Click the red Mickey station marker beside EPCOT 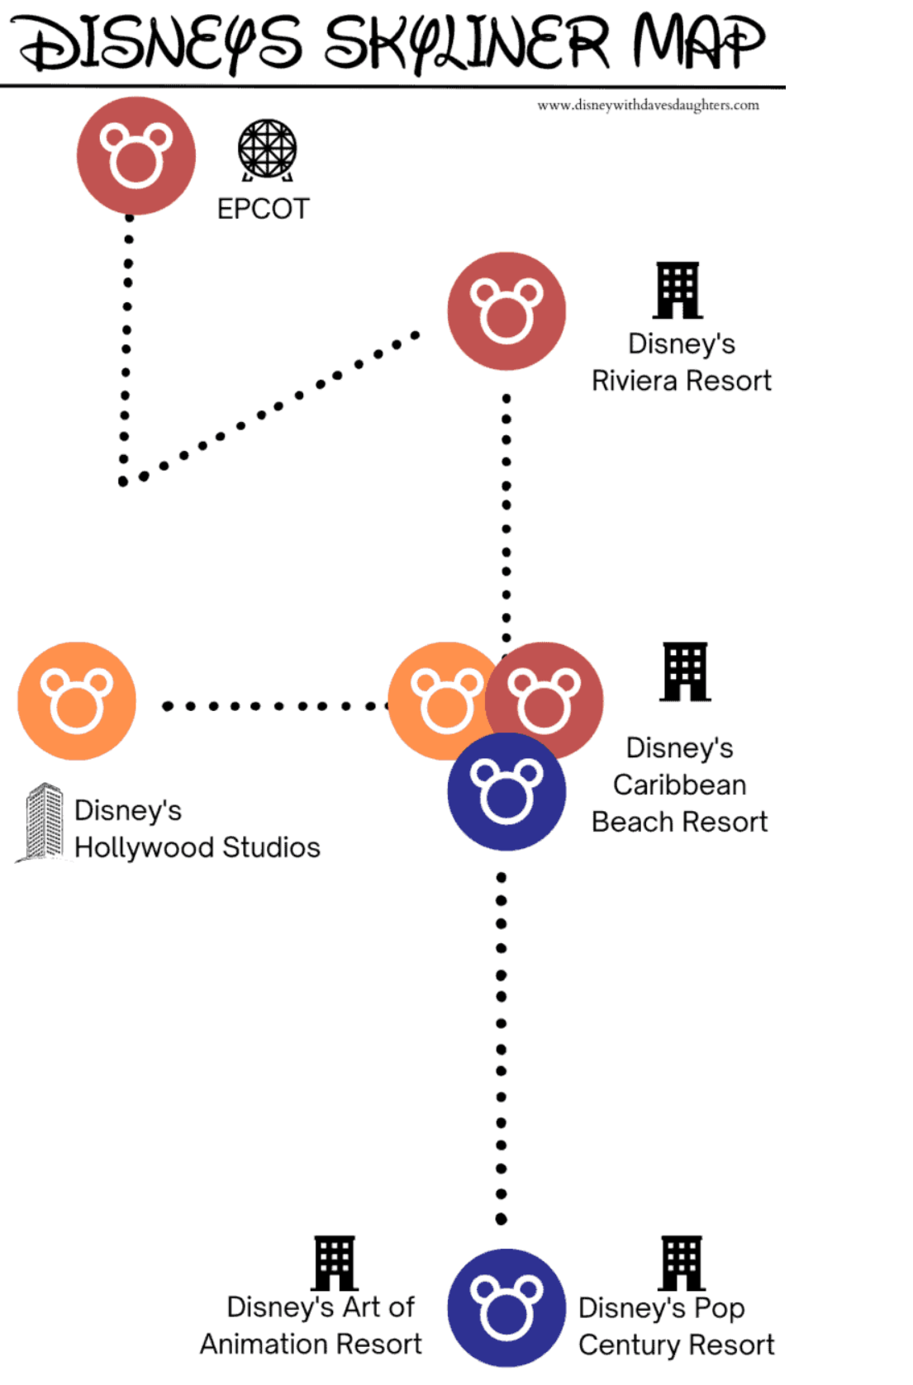click(136, 156)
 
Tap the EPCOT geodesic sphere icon click(267, 149)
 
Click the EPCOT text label click(264, 209)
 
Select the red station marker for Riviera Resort click(506, 311)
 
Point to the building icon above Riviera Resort click(678, 290)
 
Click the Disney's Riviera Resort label click(682, 363)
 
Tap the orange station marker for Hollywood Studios click(77, 700)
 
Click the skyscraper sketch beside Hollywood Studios click(41, 822)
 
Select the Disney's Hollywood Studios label click(197, 829)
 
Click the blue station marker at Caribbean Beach click(506, 792)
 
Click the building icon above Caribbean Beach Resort click(685, 671)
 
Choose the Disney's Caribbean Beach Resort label click(680, 785)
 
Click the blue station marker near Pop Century click(506, 1307)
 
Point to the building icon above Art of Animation click(335, 1264)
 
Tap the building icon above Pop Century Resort click(682, 1264)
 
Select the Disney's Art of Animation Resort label click(311, 1326)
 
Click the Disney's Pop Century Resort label click(676, 1327)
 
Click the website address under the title click(649, 105)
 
